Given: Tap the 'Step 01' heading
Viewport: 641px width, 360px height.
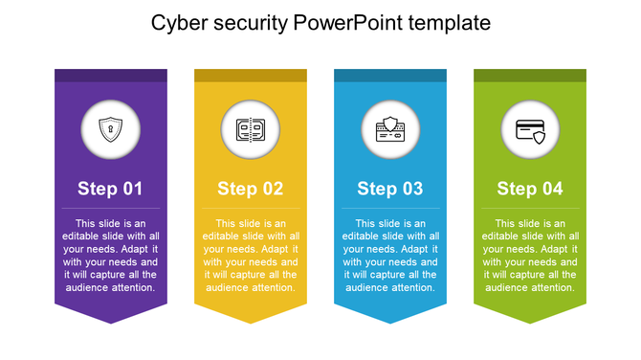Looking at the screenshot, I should [110, 189].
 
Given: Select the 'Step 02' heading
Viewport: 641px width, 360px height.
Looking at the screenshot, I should [250, 189].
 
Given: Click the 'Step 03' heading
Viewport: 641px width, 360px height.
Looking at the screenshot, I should [390, 189].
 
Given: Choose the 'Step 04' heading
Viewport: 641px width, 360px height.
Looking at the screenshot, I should [530, 189].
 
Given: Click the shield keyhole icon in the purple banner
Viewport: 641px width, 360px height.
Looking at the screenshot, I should [111, 129].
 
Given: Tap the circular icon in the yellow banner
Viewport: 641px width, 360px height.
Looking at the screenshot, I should [251, 129].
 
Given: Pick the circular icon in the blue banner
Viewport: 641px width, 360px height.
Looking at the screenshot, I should [390, 129].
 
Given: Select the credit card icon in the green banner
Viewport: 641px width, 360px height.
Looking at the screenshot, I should [530, 129].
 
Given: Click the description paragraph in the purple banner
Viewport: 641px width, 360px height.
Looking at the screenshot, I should [110, 255].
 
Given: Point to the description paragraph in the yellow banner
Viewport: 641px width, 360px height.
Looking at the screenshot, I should [250, 255].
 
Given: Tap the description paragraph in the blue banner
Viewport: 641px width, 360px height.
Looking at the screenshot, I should [390, 255].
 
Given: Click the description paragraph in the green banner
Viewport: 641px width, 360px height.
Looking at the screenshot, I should [530, 255].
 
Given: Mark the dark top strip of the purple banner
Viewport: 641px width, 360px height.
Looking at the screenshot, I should [110, 75].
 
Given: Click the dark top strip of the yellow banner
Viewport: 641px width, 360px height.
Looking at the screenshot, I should [250, 75].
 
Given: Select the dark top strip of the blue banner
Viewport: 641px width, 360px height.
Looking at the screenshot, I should [390, 75].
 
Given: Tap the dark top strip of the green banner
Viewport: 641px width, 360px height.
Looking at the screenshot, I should [530, 75].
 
